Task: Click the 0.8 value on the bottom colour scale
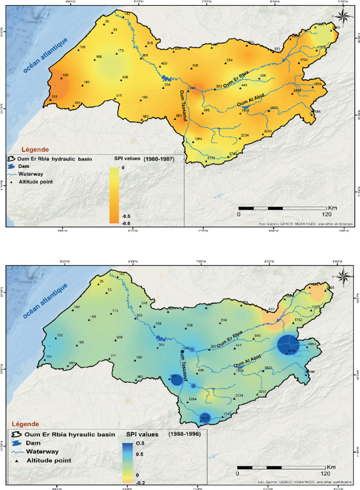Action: coord(141,444)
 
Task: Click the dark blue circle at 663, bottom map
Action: coord(177,380)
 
